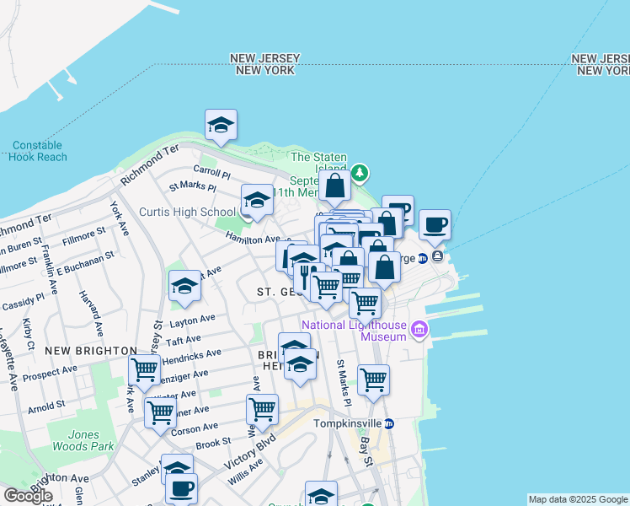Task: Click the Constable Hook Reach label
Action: (40, 151)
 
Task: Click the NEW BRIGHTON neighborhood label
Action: (91, 351)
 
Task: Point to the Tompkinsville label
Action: (347, 423)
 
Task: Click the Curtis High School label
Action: (187, 212)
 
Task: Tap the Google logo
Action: (28, 496)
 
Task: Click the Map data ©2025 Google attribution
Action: (578, 499)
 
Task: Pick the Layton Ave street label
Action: (192, 321)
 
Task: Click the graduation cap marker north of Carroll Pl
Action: (221, 125)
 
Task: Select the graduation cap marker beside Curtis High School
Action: (257, 200)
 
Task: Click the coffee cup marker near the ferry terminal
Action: (435, 224)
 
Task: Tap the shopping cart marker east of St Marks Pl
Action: (373, 379)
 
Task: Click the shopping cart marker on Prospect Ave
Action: (145, 369)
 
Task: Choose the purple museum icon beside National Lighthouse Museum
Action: (419, 328)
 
